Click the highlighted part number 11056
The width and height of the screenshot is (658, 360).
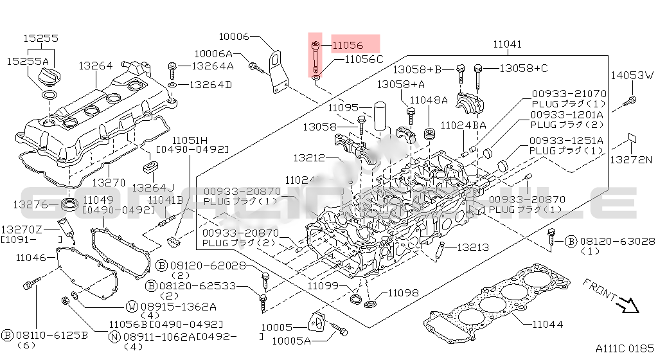point(348,46)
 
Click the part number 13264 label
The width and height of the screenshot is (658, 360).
point(96,66)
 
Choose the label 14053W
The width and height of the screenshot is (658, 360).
point(631,75)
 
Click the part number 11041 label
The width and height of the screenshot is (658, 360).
point(507,44)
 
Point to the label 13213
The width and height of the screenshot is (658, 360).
point(473,247)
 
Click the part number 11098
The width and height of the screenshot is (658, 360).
point(402,292)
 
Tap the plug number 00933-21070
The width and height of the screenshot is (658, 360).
point(569,93)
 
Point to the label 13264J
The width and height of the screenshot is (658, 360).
point(153,187)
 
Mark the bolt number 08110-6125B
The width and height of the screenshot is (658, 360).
point(46,336)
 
